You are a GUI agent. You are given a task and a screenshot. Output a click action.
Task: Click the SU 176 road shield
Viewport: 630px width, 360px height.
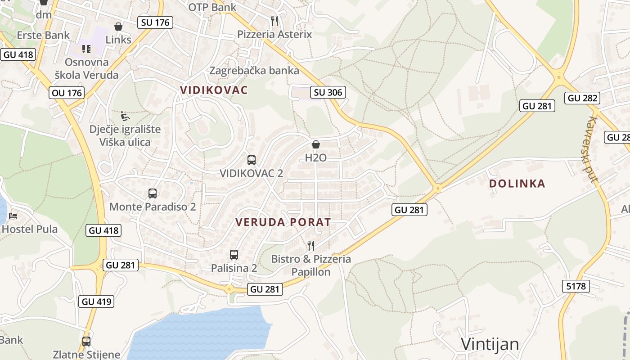click(x=155, y=22)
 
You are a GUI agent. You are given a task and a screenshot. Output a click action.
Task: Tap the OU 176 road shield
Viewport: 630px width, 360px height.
click(x=67, y=93)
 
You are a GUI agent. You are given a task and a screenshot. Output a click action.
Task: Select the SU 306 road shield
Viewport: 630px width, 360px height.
click(x=328, y=93)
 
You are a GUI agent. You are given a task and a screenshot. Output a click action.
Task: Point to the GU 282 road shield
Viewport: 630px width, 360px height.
click(x=582, y=98)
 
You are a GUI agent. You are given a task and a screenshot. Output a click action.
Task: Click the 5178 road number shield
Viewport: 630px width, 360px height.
click(x=576, y=286)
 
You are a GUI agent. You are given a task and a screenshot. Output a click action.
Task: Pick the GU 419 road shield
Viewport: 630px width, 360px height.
click(x=96, y=301)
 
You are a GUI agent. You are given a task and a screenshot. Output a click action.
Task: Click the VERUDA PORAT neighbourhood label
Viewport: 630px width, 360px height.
click(x=283, y=222)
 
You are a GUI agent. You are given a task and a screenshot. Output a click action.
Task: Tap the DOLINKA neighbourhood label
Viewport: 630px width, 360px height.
click(x=517, y=184)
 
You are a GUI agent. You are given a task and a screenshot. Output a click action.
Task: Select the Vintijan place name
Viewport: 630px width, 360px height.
click(x=490, y=344)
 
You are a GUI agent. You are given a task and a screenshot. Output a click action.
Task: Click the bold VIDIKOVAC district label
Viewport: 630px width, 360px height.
click(x=214, y=90)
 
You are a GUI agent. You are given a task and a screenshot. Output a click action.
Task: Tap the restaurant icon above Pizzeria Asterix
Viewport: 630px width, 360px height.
click(x=274, y=21)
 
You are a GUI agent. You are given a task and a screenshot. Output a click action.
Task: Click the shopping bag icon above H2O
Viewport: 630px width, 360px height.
click(x=316, y=144)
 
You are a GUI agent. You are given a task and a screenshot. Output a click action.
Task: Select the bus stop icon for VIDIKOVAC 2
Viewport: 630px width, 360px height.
click(x=252, y=160)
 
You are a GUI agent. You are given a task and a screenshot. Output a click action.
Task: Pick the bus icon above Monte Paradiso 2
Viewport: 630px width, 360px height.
click(x=153, y=193)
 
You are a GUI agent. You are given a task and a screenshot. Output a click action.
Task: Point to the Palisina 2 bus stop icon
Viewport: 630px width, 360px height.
click(x=234, y=254)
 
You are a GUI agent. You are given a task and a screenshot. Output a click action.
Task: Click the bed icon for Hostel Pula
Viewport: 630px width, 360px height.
click(x=13, y=216)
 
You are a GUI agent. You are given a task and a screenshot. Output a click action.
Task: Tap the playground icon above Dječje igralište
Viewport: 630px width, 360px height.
click(x=125, y=116)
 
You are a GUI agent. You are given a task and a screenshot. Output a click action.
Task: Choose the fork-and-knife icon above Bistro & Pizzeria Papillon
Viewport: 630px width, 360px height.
click(x=310, y=245)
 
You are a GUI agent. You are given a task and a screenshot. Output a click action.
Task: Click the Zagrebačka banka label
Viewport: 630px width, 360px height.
click(x=254, y=71)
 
